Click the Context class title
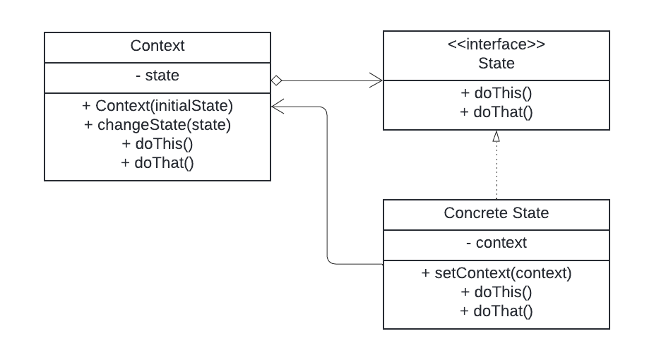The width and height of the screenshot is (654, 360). [x=157, y=46]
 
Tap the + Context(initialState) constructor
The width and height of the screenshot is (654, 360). [x=157, y=107]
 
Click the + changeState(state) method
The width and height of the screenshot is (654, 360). [x=157, y=125]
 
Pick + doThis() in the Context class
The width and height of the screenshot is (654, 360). [x=157, y=143]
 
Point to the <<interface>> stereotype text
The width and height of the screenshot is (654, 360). [x=496, y=45]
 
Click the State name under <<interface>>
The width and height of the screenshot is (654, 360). [x=496, y=64]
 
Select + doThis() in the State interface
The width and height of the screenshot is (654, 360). [x=496, y=93]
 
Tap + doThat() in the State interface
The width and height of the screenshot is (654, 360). [x=496, y=112]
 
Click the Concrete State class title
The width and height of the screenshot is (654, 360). [x=496, y=212]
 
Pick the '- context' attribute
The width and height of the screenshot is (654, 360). [x=496, y=243]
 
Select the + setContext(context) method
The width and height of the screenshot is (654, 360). [x=496, y=273]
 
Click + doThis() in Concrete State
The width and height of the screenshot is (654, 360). [x=496, y=292]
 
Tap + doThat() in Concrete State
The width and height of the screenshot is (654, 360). [x=496, y=310]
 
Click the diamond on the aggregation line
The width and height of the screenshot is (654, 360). [x=276, y=81]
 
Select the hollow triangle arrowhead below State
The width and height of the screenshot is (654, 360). [x=497, y=137]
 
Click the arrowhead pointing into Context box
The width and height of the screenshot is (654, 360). [x=278, y=107]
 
